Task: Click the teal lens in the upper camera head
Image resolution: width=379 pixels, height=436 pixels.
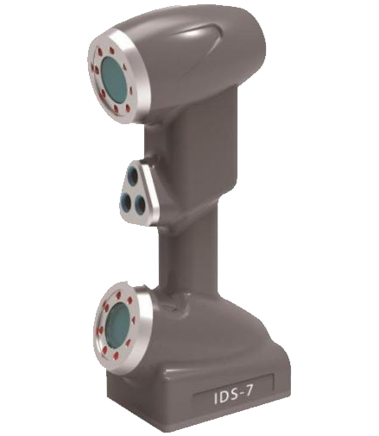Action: (x=114, y=78)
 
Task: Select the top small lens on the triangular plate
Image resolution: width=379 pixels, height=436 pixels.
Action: (x=135, y=173)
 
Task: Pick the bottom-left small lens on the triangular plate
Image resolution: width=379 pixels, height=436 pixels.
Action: (x=125, y=201)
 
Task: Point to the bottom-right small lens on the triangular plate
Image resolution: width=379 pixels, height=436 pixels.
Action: (x=140, y=202)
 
